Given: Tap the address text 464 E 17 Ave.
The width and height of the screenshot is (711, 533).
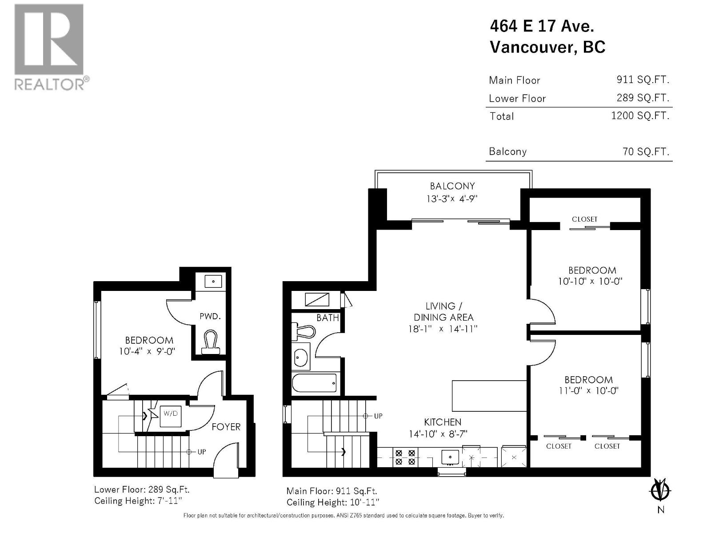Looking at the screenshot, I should pos(541,26).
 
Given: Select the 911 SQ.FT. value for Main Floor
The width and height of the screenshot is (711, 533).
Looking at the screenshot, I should pos(643,80).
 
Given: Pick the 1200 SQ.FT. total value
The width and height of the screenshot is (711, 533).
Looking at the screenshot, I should pos(640,115).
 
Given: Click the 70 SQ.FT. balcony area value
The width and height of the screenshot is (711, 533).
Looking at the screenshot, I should pos(646,151).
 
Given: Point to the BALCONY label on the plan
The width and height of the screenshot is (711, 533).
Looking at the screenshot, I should pos(452,186).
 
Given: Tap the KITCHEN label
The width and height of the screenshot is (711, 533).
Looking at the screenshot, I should pos(443,422).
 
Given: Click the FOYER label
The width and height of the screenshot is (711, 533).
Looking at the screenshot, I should pos(226,427).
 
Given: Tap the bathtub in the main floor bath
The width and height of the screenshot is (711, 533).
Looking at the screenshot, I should pos(315,383).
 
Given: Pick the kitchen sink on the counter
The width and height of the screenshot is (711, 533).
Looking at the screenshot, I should pos(450,457).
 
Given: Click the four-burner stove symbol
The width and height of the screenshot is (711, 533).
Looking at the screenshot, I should pos(405,457).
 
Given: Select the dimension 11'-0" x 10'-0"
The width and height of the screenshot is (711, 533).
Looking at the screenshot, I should pos(588,390).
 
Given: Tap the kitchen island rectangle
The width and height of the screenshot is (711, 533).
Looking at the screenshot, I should pos(489,396).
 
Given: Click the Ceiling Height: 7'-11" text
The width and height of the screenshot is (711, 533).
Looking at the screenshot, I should pos(138,501).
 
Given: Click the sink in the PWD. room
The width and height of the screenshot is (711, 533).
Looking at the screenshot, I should pos(213,282).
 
